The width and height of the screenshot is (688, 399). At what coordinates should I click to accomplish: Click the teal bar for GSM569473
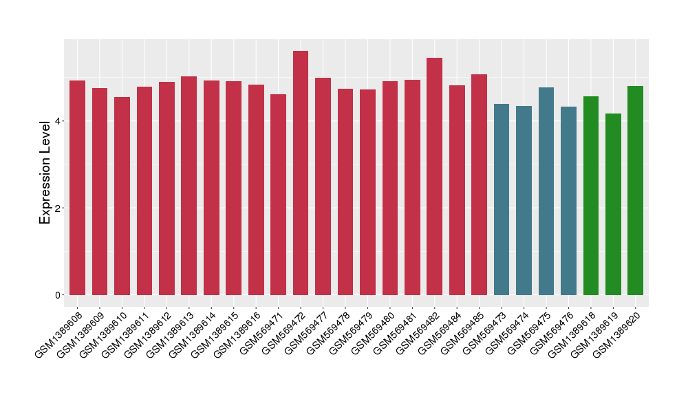(502, 199)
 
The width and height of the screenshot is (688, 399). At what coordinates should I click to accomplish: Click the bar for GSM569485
(479, 185)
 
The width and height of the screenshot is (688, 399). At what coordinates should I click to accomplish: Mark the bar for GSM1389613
(189, 186)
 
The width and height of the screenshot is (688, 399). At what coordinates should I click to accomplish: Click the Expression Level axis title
(45, 172)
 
